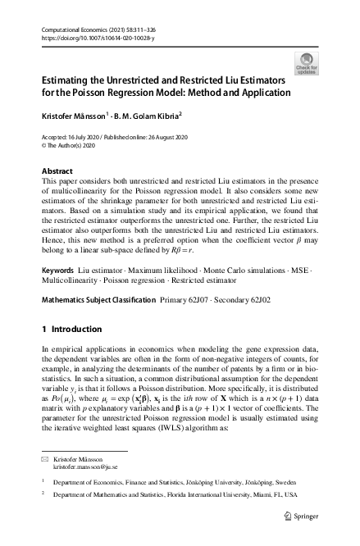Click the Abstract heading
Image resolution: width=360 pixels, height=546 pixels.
point(57,171)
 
